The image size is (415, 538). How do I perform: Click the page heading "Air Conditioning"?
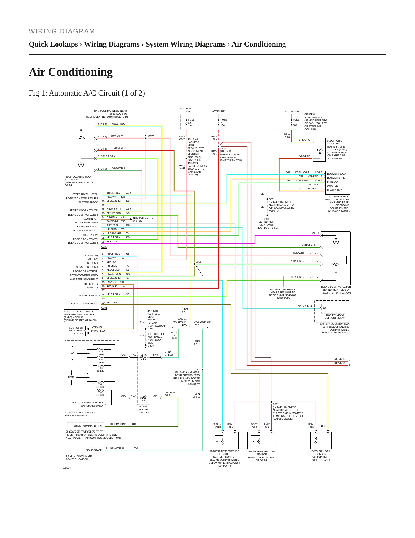71,72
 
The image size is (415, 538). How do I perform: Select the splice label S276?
151,136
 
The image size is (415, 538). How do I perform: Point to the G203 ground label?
267,219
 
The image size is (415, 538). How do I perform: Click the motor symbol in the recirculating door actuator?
81,165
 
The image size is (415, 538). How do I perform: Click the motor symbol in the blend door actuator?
336,242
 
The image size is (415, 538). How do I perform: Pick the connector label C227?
104,247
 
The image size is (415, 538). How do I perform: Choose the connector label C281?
104,308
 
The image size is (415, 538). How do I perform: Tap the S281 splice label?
198,262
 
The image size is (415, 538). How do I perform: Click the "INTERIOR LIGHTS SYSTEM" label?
143,219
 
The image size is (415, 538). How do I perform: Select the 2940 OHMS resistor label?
100,394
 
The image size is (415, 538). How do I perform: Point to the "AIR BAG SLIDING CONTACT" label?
144,410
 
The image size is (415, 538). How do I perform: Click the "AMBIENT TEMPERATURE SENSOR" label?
224,453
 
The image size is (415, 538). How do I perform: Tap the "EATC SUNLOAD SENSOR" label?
321,453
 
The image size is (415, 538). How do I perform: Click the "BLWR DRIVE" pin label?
335,190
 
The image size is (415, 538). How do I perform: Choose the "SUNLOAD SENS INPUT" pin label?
84,304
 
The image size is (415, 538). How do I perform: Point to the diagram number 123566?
67,468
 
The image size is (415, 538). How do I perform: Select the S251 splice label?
276,404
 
